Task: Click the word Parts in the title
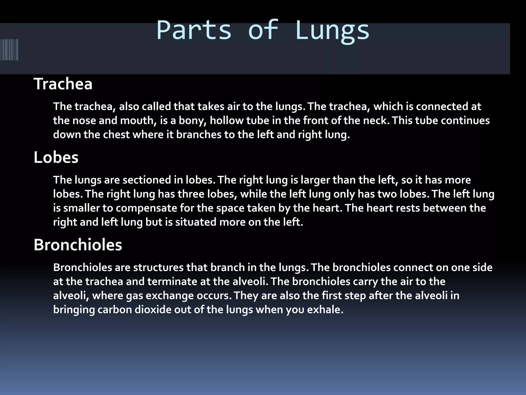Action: (x=194, y=30)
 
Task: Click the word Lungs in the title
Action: (x=332, y=30)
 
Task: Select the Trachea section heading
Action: (x=63, y=84)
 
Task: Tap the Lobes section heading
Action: (x=56, y=157)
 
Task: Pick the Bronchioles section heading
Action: (x=78, y=245)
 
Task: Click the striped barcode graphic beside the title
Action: (x=9, y=50)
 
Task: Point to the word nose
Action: (x=84, y=121)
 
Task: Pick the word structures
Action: (x=158, y=268)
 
